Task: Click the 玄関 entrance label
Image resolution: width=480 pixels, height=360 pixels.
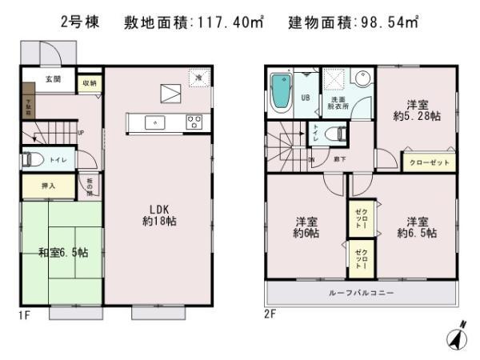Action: [x=53, y=78]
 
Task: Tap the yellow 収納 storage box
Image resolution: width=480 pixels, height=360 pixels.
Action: [x=89, y=83]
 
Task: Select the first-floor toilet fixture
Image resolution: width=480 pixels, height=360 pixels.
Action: [x=33, y=159]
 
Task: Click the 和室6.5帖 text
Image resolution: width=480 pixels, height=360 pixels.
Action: [x=63, y=253]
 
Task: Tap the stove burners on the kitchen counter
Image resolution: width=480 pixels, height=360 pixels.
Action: [x=194, y=122]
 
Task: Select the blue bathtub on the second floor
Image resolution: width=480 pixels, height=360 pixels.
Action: [x=281, y=94]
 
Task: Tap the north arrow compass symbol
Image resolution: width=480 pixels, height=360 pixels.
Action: [x=455, y=336]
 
